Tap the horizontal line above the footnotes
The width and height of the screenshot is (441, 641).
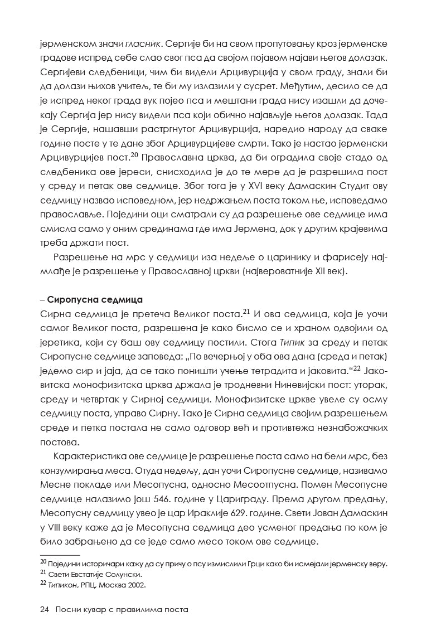(x=60, y=555)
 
